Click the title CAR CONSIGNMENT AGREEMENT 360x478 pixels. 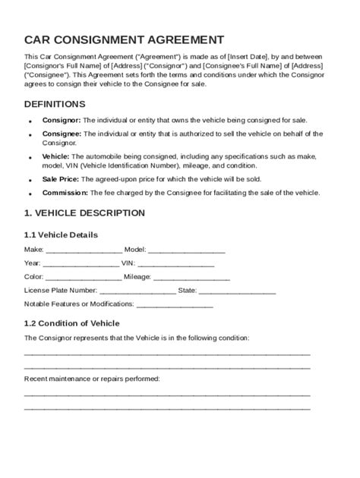click(x=124, y=39)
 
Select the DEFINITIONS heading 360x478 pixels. click(x=55, y=104)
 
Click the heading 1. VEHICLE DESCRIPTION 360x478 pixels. click(x=84, y=213)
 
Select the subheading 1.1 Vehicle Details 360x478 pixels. click(x=61, y=234)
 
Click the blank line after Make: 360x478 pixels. click(x=84, y=250)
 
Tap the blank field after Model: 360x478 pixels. click(x=186, y=250)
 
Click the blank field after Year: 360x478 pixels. click(x=81, y=263)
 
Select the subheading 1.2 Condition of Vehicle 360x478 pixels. click(x=72, y=323)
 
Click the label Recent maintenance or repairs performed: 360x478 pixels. click(x=92, y=378)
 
